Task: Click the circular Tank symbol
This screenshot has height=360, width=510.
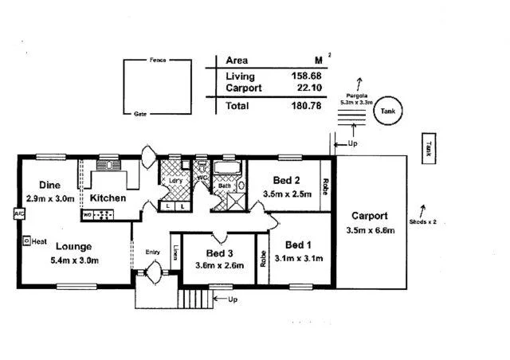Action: click(388, 112)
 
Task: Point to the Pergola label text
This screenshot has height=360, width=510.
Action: click(355, 95)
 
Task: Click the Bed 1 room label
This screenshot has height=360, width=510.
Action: click(299, 244)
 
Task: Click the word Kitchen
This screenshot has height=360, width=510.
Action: click(107, 198)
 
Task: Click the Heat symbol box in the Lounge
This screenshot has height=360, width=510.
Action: click(26, 239)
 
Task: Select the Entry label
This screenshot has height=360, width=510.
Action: click(152, 252)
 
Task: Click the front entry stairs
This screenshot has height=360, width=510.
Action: click(196, 299)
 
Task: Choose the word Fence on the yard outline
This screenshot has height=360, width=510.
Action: click(157, 61)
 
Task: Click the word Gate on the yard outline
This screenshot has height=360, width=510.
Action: click(140, 114)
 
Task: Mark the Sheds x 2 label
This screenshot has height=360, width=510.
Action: click(422, 221)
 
